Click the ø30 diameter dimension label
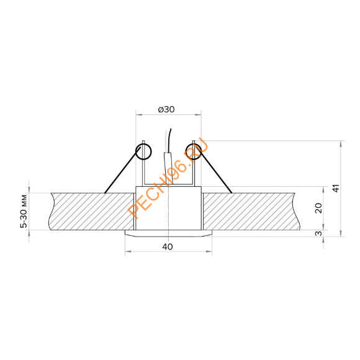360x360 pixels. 166,109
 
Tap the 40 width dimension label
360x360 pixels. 168,247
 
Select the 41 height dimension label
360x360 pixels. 336,188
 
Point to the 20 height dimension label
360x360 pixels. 318,208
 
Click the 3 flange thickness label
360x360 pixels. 318,233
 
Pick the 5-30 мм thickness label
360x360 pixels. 24,212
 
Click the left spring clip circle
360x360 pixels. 143,151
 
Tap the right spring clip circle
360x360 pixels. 194,151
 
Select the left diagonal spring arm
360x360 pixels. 122,170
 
